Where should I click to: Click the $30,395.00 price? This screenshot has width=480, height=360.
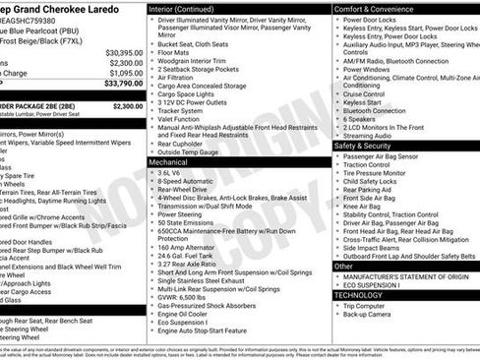click(124, 52)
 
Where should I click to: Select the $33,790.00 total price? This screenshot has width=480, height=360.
click(124, 84)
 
